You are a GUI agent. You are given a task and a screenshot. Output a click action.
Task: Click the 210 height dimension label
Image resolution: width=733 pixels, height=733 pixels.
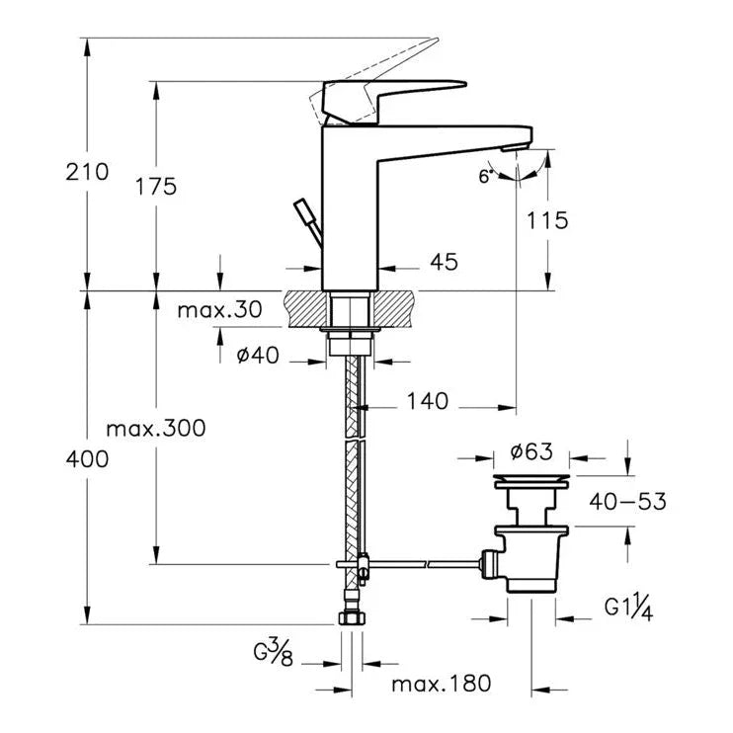point(87,172)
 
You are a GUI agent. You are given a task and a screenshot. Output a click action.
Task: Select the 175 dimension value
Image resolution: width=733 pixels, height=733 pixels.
point(156,186)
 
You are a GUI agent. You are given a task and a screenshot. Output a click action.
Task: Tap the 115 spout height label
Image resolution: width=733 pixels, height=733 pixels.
point(547,220)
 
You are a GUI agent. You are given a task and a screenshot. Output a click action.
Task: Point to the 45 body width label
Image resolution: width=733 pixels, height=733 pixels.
point(445,262)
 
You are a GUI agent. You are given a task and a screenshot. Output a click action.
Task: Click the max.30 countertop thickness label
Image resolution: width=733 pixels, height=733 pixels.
point(219,309)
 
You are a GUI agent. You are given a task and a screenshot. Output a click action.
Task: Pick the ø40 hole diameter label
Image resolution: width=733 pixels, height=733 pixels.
point(258,356)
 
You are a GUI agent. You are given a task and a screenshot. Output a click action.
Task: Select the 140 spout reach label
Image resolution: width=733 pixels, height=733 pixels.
point(428,401)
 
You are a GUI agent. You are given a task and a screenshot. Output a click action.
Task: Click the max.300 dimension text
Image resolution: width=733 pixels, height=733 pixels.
point(156,428)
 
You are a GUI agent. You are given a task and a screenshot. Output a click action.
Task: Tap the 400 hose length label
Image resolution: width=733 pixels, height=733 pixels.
point(87,459)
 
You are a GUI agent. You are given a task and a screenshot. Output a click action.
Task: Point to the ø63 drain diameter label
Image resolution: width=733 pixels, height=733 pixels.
point(531,451)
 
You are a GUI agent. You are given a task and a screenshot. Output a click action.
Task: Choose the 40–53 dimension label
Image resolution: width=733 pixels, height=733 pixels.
point(628,502)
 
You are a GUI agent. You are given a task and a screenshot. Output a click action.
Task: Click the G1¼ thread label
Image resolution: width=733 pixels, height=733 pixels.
point(628,609)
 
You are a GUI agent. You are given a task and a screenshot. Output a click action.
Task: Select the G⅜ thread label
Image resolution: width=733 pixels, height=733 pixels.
point(274,653)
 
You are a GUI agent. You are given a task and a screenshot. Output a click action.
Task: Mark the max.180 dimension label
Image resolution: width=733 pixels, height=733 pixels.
point(442,684)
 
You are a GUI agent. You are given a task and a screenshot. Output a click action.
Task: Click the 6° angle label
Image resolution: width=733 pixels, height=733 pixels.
point(486,176)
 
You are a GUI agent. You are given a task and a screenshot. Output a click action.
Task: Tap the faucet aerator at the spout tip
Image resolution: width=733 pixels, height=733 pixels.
point(515,148)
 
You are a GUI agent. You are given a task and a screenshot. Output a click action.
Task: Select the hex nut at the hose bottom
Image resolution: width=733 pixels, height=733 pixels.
point(352,618)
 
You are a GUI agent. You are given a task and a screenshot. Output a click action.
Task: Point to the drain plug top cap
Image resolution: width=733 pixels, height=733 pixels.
point(531,480)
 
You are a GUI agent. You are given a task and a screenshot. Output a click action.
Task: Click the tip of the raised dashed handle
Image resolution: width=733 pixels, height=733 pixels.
point(438,39)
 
